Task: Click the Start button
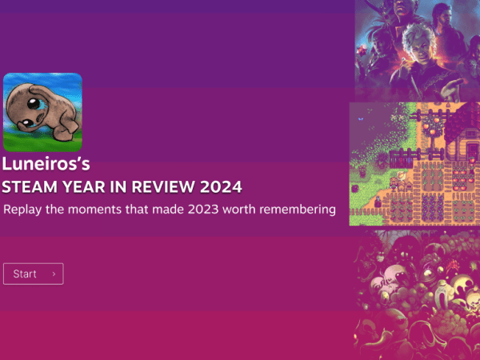pos(33,274)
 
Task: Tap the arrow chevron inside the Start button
pos(54,274)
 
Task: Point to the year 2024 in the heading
pos(222,187)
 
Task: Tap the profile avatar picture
pos(42,112)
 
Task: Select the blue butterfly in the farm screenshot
pos(360,119)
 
